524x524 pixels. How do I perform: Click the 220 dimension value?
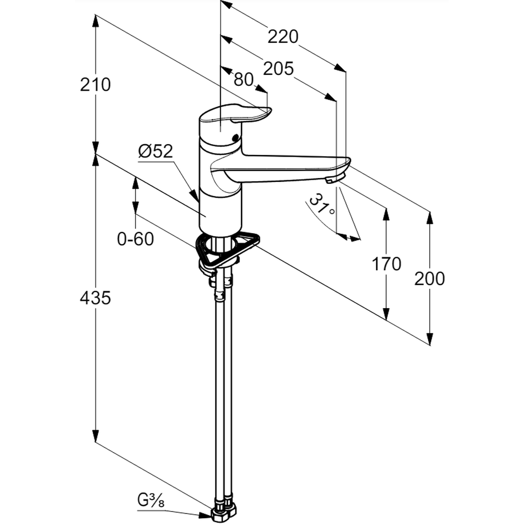tap(282, 37)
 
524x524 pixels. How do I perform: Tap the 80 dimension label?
tap(243, 80)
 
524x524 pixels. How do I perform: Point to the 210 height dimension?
tap(95, 84)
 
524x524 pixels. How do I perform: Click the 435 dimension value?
tap(95, 298)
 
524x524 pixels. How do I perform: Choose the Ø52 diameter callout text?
tap(155, 151)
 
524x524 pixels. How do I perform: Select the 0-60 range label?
tap(135, 239)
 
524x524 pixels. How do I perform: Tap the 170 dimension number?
tap(386, 264)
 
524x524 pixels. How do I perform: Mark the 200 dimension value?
tap(429, 279)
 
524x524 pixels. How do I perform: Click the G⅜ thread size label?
tap(151, 501)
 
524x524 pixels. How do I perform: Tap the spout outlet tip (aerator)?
tap(332, 180)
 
